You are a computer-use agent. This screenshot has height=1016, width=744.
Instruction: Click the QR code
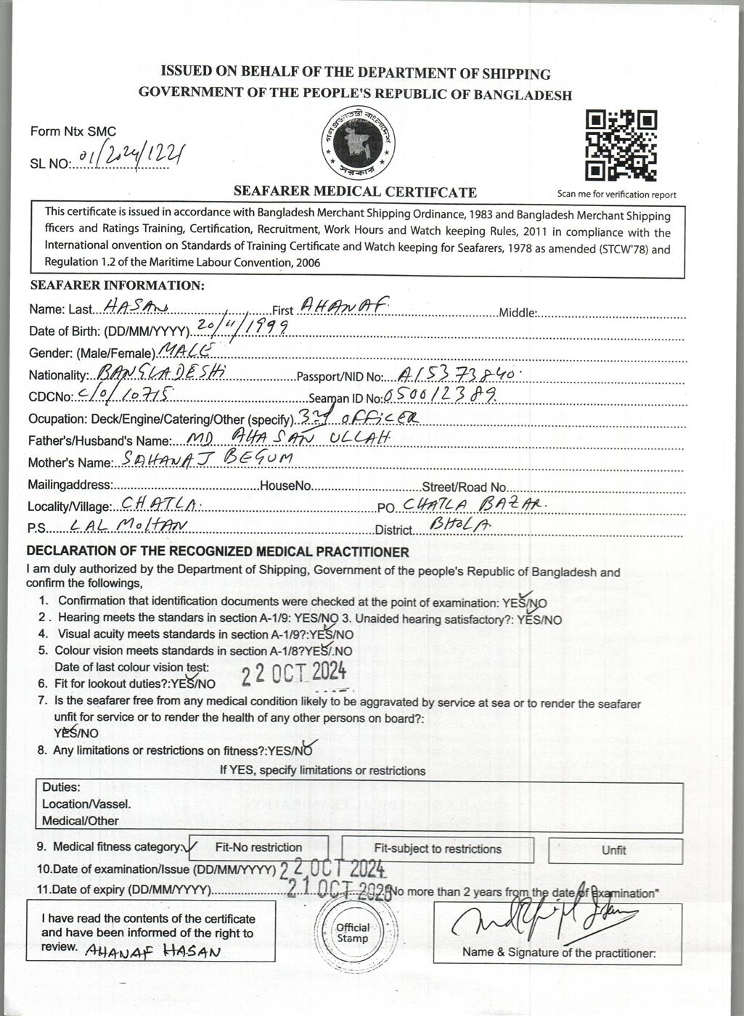pyautogui.click(x=621, y=145)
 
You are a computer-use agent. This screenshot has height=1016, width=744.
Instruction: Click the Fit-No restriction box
pyautogui.click(x=258, y=848)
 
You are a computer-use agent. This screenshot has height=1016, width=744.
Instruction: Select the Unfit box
pyautogui.click(x=614, y=850)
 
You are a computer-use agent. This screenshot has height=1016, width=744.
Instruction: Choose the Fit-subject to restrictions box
pyautogui.click(x=438, y=849)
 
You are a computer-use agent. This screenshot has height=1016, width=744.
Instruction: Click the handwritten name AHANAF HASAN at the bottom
pyautogui.click(x=153, y=951)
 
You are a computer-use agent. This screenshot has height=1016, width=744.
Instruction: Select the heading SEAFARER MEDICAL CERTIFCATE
pyautogui.click(x=355, y=192)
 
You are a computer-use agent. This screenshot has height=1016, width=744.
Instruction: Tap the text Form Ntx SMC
pyautogui.click(x=73, y=131)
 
